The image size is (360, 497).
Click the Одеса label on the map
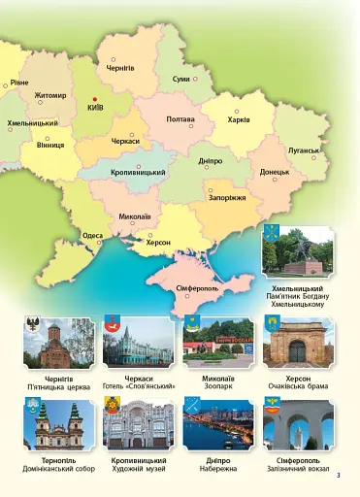click(x=93, y=235)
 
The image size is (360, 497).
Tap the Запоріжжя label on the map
click(x=228, y=197)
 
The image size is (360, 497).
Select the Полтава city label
click(x=180, y=119)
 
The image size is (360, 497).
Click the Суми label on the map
click(x=181, y=78)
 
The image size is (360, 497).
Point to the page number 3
click(x=339, y=475)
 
